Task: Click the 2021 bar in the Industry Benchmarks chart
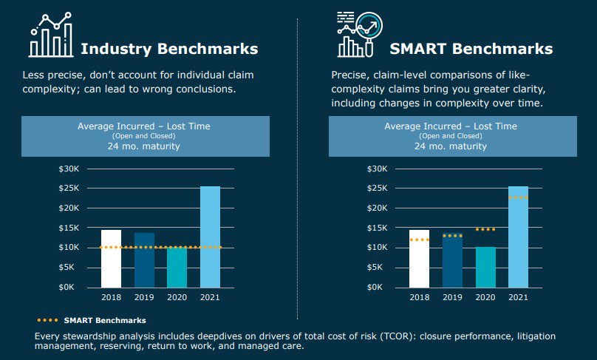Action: click(210, 237)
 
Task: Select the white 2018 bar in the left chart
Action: click(111, 259)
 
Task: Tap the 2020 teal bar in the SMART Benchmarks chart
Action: click(485, 267)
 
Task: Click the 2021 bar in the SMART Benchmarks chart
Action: click(518, 237)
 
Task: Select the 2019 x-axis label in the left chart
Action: click(144, 297)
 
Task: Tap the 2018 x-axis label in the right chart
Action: click(419, 297)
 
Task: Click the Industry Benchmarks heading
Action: click(169, 50)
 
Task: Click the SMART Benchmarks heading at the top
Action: click(471, 50)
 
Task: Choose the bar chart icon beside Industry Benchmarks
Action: click(51, 35)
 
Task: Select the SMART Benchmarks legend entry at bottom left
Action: click(92, 320)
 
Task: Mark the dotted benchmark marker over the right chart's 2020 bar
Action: click(485, 229)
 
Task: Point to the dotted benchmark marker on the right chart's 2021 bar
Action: click(518, 197)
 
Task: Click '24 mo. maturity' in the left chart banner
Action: click(144, 146)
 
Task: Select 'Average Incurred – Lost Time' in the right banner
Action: click(451, 126)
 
